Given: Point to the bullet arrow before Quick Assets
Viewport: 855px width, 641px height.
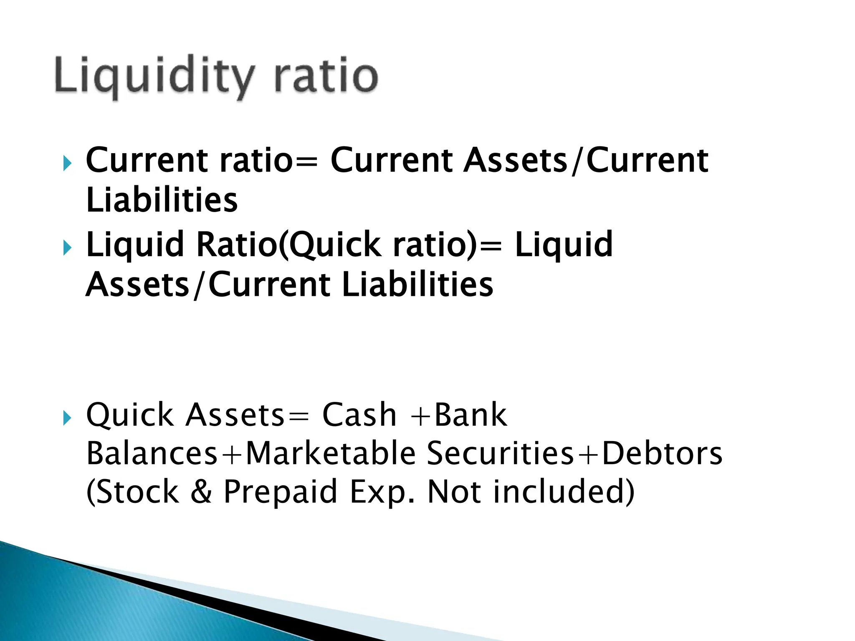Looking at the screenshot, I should click(x=67, y=418).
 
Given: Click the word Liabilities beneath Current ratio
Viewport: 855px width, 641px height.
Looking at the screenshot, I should click(x=162, y=201).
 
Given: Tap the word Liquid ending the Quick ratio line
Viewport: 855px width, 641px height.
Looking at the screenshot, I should click(x=564, y=245).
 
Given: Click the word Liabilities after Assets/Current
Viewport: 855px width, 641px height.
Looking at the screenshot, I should click(x=417, y=285).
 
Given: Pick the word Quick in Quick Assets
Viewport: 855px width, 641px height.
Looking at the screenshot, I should click(x=130, y=415).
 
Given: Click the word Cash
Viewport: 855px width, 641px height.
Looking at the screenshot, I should click(x=359, y=415).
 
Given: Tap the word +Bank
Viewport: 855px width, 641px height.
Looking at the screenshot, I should click(x=459, y=415).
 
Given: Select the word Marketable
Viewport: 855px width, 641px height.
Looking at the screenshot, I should click(x=331, y=454).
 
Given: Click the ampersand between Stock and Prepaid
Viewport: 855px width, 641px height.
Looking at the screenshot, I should click(x=202, y=492).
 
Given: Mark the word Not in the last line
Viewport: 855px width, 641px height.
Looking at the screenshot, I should click(x=454, y=492).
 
